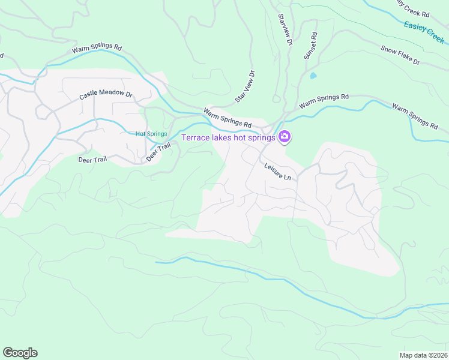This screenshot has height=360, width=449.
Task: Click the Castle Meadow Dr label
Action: coord(106,95)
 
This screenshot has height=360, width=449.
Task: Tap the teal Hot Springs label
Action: coord(151,134)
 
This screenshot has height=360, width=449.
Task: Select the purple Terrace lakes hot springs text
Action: coord(228,137)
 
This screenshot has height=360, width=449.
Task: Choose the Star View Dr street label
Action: coord(246,86)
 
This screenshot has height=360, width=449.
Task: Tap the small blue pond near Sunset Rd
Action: coord(313,76)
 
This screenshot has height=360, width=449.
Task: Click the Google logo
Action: coord(20,352)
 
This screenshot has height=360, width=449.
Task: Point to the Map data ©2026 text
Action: coord(423,355)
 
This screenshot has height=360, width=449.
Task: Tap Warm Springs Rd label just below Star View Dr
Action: coord(227,118)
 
